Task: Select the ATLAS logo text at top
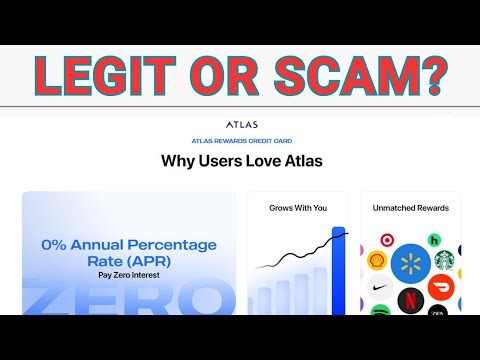pos(240,125)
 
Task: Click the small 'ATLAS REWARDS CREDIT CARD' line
pos(240,142)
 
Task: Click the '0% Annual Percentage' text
pos(129,243)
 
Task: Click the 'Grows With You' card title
pos(297,208)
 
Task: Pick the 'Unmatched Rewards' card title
pos(411,208)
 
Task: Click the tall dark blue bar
pos(338,270)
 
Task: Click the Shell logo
pos(377,260)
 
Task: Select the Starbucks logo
pos(443,260)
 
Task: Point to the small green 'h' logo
pos(435,240)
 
